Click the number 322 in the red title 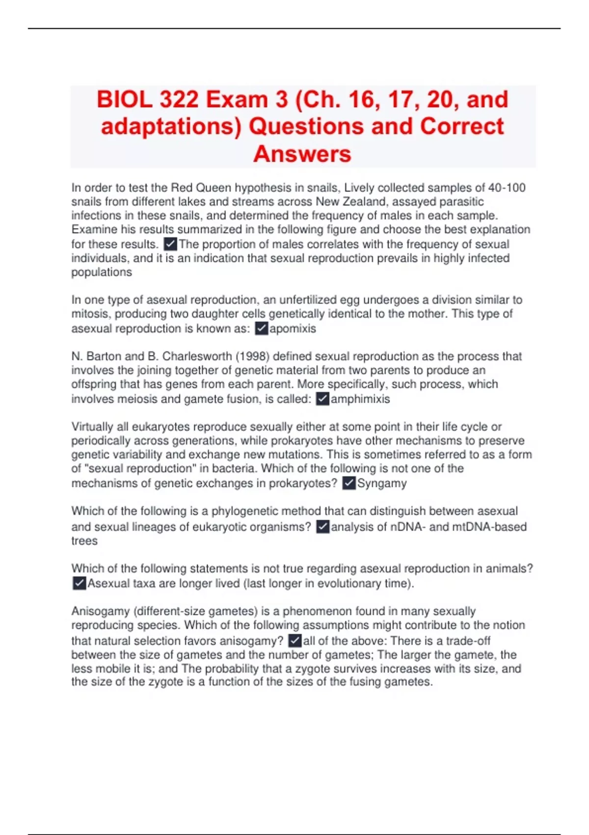coord(173,100)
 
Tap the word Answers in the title coord(302,154)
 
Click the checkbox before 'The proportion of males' coord(170,244)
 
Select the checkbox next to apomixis coord(262,329)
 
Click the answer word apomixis coord(293,329)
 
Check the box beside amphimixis coord(322,399)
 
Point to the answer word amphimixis coord(360,399)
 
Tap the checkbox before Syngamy coord(348,483)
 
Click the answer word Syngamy coord(382,483)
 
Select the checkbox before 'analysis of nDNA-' coord(322,527)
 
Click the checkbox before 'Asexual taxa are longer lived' coord(79,584)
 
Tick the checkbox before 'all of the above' coord(295,641)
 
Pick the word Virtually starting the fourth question coord(92,426)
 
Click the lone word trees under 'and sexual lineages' coord(84,541)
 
